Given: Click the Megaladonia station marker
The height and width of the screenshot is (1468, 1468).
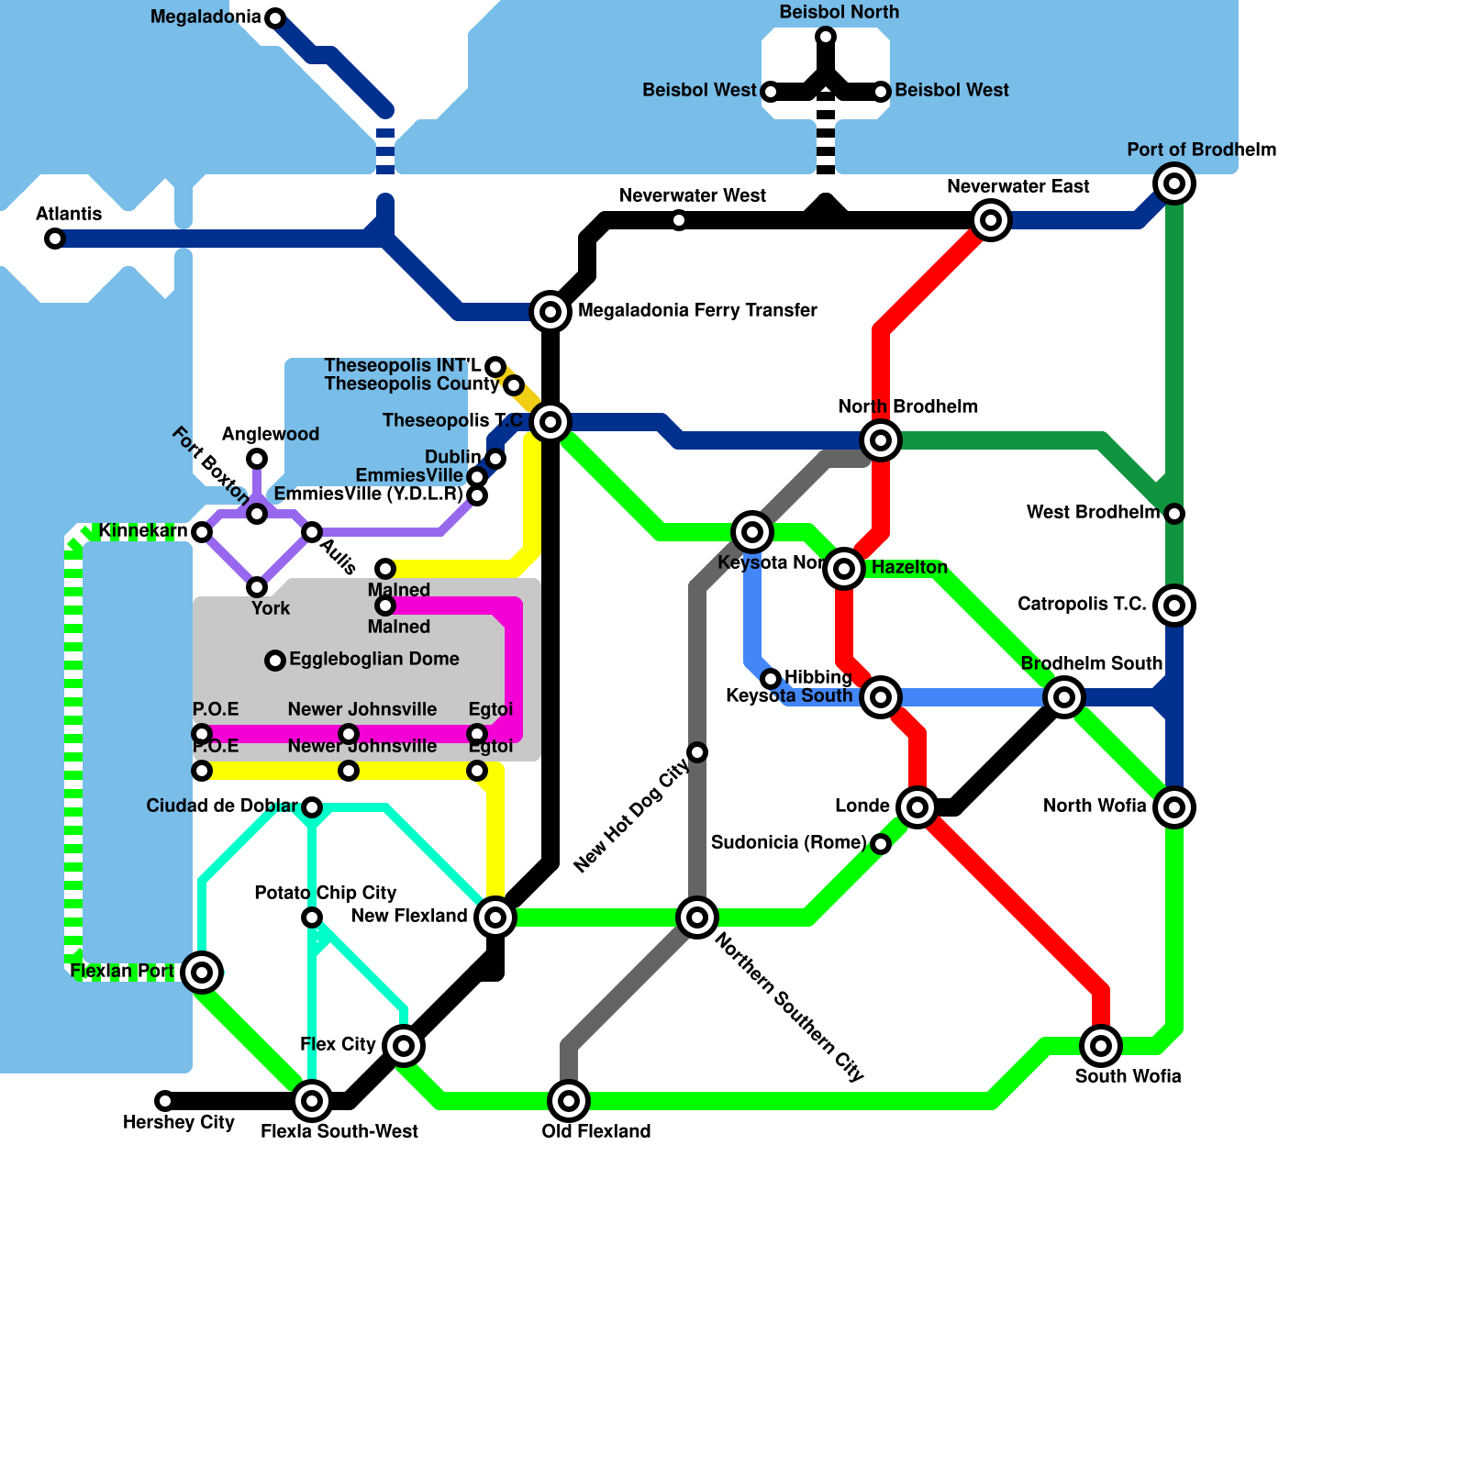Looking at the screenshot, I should (x=275, y=17).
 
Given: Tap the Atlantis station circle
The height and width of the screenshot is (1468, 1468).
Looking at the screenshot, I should (x=55, y=239).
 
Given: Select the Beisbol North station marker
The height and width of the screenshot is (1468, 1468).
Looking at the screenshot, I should (x=826, y=37).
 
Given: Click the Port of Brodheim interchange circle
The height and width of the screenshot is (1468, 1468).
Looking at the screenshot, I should (x=1174, y=183).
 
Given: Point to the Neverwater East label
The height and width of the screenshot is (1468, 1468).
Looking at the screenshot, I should (x=1018, y=187).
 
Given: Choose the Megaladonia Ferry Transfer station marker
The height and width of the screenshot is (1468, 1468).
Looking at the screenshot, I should (x=550, y=312).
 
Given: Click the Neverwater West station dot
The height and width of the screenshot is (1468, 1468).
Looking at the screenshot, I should (x=679, y=220).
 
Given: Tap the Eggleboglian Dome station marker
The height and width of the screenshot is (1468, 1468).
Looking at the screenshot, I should (x=275, y=661).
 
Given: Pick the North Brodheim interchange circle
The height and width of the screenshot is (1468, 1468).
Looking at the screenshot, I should (x=881, y=440).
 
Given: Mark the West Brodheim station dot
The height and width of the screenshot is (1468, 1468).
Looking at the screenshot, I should (x=1174, y=514).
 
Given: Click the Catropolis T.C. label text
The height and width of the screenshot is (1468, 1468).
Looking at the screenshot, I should (x=1081, y=604).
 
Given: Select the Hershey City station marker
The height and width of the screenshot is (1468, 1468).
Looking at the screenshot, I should (x=165, y=1100).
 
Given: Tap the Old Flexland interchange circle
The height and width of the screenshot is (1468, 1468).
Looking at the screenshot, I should (x=569, y=1100).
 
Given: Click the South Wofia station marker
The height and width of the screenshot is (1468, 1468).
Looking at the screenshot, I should (x=1101, y=1045).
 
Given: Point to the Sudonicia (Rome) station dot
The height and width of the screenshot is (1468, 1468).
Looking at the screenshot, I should (x=881, y=844).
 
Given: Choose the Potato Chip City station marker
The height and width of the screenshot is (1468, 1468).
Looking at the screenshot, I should (x=312, y=917).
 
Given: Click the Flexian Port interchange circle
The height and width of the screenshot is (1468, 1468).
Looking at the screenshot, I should (x=202, y=972).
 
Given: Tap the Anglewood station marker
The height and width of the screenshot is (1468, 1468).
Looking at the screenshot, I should (x=257, y=459).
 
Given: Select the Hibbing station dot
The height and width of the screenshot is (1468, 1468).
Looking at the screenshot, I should (x=771, y=679).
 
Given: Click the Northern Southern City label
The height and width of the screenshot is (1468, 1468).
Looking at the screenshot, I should (x=789, y=1006).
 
